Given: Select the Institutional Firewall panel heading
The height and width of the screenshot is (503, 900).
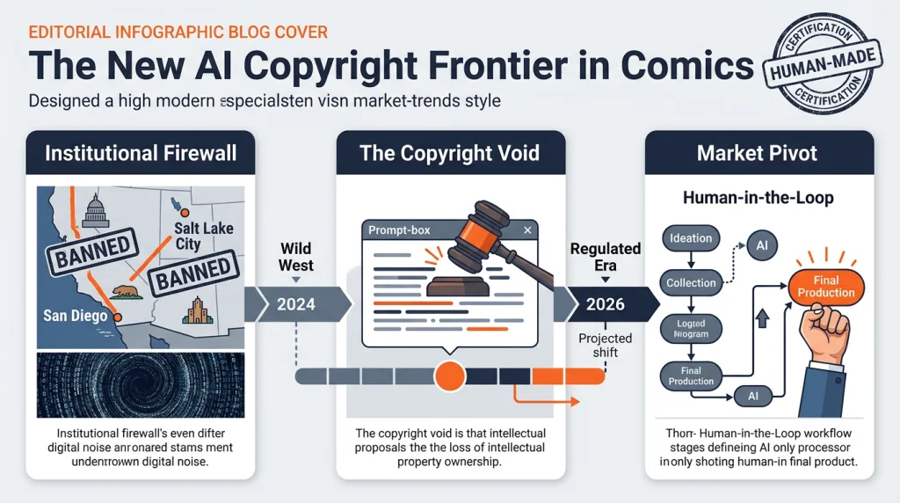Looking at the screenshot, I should tap(141, 153).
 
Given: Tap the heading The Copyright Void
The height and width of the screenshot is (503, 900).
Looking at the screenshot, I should tap(449, 153).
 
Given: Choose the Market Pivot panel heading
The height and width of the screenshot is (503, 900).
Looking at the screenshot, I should tap(757, 153).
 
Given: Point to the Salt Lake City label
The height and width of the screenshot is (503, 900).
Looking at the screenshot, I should tap(203, 236).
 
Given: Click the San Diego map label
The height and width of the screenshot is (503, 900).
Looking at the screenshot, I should tap(76, 316).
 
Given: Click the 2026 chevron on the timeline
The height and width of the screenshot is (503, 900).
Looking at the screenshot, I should tap(605, 304).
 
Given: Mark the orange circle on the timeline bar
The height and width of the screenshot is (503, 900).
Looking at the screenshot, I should tap(450, 375).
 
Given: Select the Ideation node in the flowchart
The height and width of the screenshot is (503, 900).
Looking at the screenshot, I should tap(692, 237).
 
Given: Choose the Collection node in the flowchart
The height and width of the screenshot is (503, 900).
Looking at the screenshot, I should tap(692, 282).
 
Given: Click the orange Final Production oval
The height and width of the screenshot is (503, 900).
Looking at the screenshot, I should tap(826, 286).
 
